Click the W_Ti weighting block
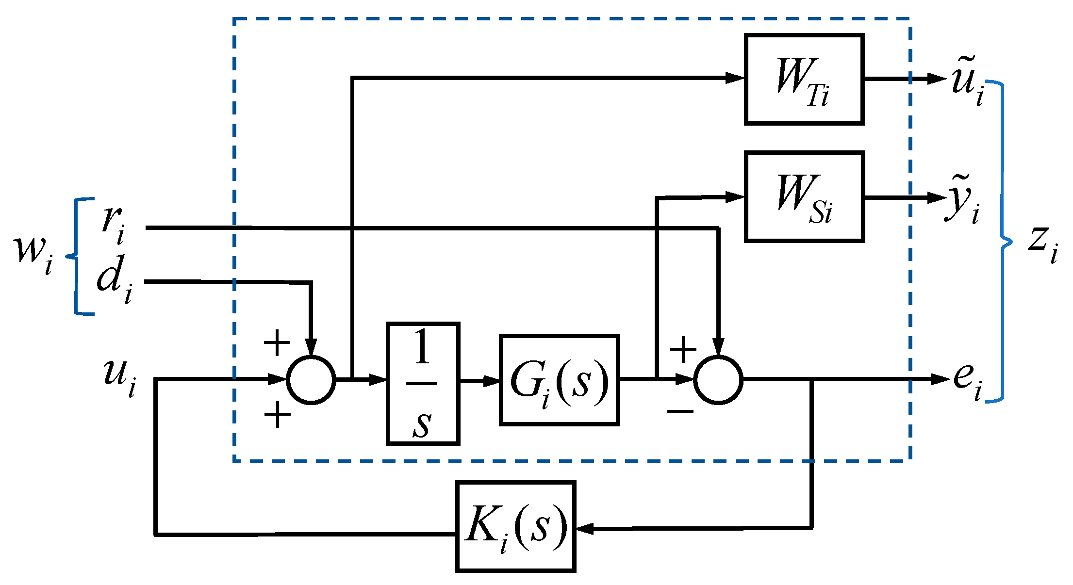tap(804, 79)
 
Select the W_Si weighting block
tap(804, 196)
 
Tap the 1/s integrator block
tap(423, 383)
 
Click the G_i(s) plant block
tap(559, 380)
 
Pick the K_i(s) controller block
tap(515, 526)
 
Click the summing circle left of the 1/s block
tap(311, 380)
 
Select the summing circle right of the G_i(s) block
tap(718, 380)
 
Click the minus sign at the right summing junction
tap(680, 412)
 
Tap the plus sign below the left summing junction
tap(277, 415)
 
